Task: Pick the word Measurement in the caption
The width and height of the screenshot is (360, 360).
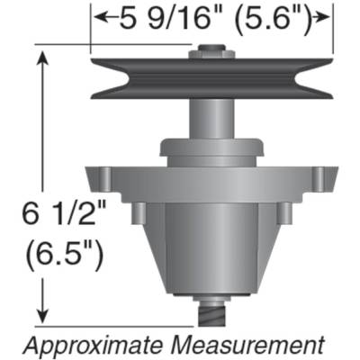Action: coord(253,345)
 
